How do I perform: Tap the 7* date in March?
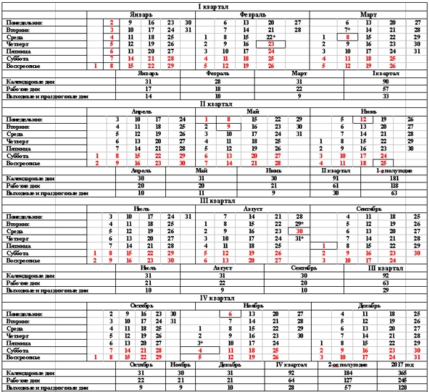tap(347, 29)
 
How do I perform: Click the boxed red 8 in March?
tap(347, 36)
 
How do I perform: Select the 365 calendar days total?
tap(402, 372)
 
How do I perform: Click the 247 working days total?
tap(402, 379)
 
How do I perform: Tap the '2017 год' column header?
tap(402, 365)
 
